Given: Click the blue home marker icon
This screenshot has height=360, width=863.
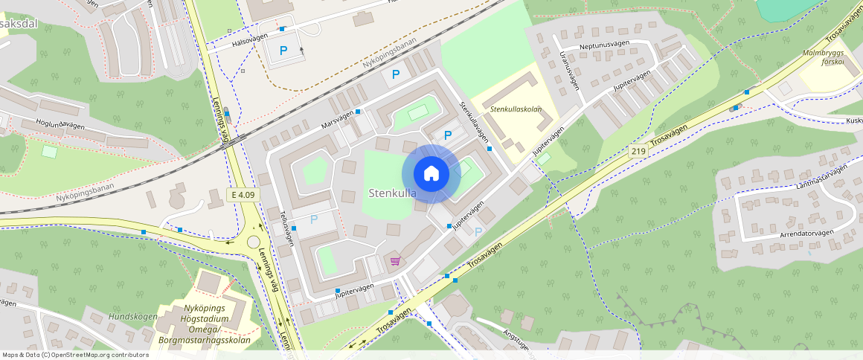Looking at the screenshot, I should (x=431, y=174).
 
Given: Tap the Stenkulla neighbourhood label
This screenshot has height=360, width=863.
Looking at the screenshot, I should (x=392, y=193).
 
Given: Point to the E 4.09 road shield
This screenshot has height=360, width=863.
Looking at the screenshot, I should (x=243, y=195).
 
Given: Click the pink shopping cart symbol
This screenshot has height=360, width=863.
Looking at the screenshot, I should (x=394, y=261).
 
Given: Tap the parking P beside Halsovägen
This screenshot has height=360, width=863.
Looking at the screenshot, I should (x=283, y=51).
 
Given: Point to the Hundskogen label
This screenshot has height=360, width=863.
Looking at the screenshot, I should (x=132, y=317).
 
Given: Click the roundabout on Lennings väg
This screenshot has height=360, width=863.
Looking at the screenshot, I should (x=254, y=242).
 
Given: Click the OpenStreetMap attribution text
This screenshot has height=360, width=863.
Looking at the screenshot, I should (x=75, y=355).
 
